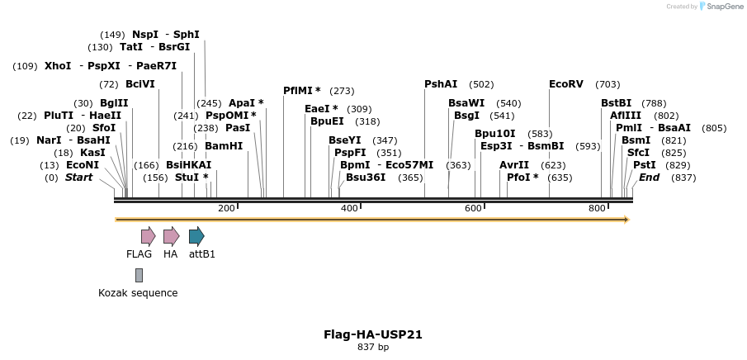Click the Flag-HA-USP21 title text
pyautogui.click(x=373, y=334)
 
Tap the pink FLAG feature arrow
pyautogui.click(x=148, y=236)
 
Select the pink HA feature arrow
pyautogui.click(x=171, y=236)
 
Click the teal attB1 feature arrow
pyautogui.click(x=196, y=236)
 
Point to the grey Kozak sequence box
pyautogui.click(x=139, y=274)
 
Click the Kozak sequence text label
pyautogui.click(x=138, y=292)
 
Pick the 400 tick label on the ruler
pyautogui.click(x=349, y=209)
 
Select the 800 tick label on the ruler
pyautogui.click(x=597, y=209)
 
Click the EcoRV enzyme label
pyautogui.click(x=566, y=84)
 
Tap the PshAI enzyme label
pyautogui.click(x=441, y=84)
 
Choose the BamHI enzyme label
pyautogui.click(x=224, y=145)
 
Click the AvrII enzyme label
pyautogui.click(x=514, y=164)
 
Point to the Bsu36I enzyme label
pyautogui.click(x=366, y=177)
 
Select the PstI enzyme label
pyautogui.click(x=645, y=164)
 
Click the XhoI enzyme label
pyautogui.click(x=58, y=65)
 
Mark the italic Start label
pyautogui.click(x=78, y=177)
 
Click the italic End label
pyautogui.click(x=649, y=177)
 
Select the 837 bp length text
pyautogui.click(x=373, y=348)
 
